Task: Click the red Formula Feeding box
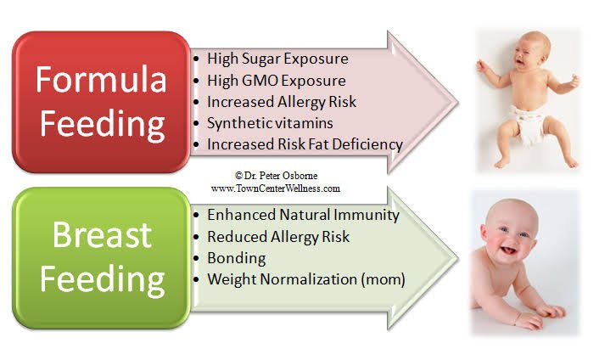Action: [x=101, y=102]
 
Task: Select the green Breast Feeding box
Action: [x=101, y=258]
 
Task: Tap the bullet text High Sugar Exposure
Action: [x=277, y=59]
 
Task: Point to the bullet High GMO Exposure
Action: [x=277, y=81]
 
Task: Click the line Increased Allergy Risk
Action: [x=282, y=102]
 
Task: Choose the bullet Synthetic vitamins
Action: [x=270, y=123]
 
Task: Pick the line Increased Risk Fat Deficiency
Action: [x=305, y=144]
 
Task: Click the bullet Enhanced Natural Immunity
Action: [x=304, y=215]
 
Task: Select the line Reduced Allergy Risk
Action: [x=278, y=237]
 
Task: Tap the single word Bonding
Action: [x=237, y=258]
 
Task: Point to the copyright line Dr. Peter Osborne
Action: [x=277, y=176]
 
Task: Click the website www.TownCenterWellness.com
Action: [x=276, y=188]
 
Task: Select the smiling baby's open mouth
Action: [x=508, y=250]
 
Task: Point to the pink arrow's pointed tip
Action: [x=457, y=102]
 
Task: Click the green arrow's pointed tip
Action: [x=457, y=258]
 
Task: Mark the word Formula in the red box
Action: [x=101, y=80]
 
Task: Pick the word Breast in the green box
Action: [x=102, y=235]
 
